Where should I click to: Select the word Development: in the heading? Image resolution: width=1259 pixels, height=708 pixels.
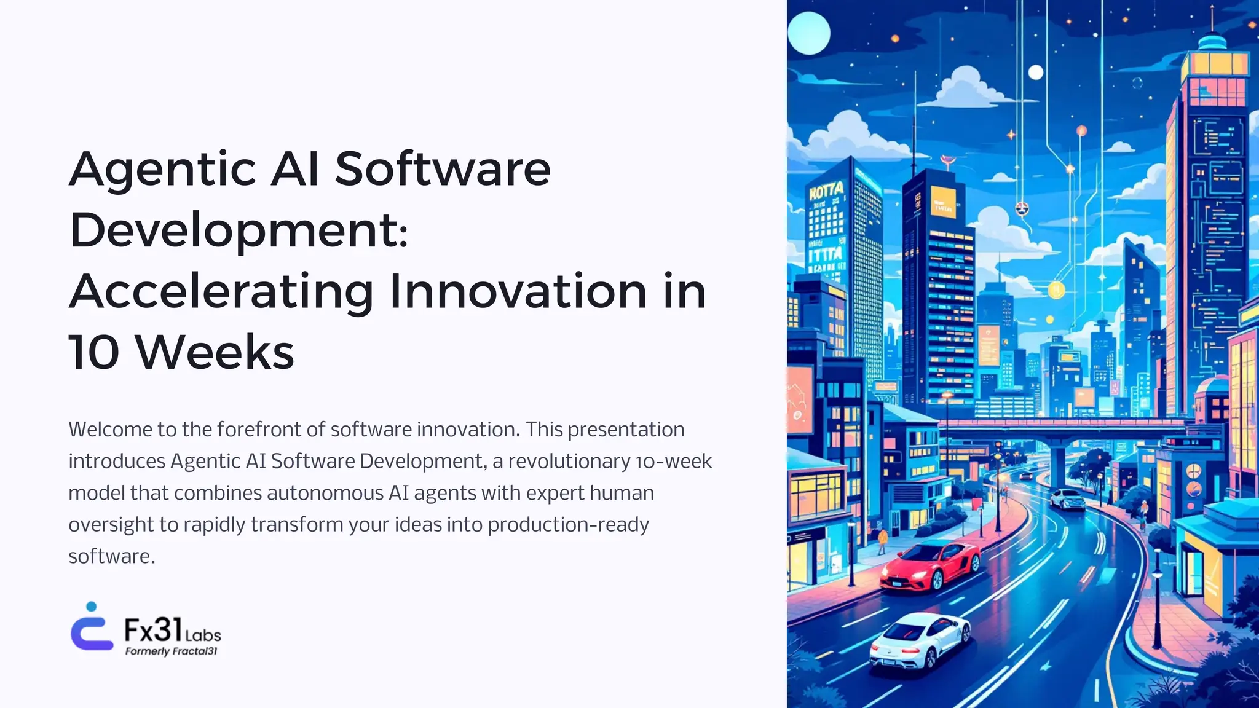239,230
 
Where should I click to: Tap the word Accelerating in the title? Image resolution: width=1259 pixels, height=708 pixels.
221,292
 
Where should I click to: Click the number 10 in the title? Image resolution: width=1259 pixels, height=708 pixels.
93,353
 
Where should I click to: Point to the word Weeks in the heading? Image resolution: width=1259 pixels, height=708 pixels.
215,353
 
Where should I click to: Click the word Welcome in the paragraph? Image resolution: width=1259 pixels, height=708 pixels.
111,430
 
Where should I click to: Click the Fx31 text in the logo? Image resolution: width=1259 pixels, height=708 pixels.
153,630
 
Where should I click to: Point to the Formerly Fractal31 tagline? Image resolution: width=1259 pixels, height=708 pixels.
171,651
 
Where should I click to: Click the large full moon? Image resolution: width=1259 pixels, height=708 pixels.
808,33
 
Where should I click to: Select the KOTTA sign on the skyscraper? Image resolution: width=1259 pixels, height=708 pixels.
826,191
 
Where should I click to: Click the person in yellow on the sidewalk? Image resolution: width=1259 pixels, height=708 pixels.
883,541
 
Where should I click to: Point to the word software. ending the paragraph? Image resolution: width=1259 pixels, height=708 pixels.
111,557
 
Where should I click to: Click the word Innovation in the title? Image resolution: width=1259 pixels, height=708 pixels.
518,292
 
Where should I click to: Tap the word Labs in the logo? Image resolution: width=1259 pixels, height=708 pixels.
203,635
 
